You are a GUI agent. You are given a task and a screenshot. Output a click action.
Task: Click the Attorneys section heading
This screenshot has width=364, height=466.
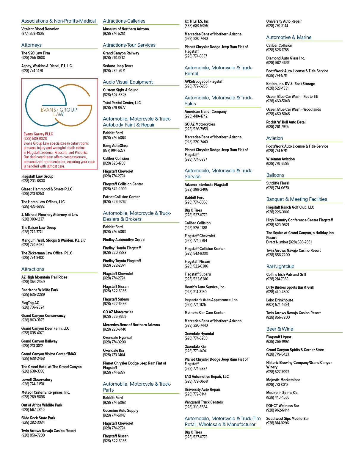click(x=31, y=45)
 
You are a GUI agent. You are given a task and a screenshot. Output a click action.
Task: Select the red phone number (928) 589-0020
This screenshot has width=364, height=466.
click(x=35, y=139)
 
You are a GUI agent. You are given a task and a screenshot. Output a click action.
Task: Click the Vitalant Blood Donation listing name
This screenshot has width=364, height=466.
click(x=40, y=29)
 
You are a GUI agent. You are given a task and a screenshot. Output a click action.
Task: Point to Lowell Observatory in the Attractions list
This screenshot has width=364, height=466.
click(x=37, y=379)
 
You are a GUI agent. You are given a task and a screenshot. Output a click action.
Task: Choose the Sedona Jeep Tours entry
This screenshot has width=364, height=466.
click(x=118, y=66)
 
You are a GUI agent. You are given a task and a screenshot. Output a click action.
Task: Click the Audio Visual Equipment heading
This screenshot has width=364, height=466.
click(x=128, y=82)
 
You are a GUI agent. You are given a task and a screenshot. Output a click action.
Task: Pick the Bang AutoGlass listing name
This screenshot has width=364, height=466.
click(x=115, y=146)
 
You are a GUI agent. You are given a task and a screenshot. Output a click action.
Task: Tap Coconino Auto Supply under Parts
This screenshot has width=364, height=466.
click(x=121, y=410)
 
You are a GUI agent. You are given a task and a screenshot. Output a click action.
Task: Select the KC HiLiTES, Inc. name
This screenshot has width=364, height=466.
click(x=197, y=21)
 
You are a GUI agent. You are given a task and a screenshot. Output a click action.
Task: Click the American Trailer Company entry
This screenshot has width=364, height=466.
click(x=205, y=112)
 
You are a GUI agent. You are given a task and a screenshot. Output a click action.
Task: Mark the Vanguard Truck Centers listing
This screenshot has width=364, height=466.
click(x=203, y=402)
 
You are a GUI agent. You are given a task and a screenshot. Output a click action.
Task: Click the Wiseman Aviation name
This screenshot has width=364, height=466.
click(x=280, y=159)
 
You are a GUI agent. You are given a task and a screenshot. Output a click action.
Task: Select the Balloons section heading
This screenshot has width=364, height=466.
click(x=275, y=175)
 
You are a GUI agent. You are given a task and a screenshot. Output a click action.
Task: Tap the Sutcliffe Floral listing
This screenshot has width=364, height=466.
click(x=278, y=183)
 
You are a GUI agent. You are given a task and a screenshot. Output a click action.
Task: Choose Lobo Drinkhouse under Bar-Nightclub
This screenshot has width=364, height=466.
click(x=280, y=300)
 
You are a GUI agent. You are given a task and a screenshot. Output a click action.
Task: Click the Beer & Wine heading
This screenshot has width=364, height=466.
click(x=280, y=329)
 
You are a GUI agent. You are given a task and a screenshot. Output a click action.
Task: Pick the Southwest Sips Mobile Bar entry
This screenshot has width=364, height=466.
click(x=288, y=418)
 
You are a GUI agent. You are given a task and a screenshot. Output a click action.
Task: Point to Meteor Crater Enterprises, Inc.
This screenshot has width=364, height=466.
click(x=45, y=392)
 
